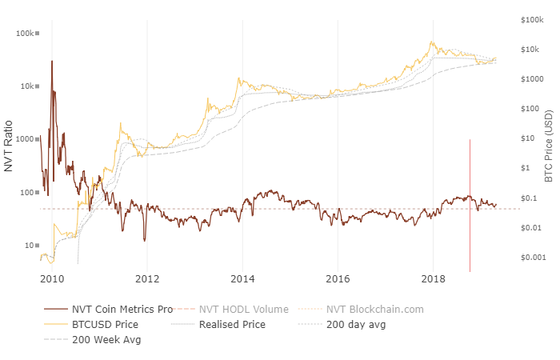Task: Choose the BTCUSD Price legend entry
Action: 105,325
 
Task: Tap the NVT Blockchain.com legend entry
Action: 368,309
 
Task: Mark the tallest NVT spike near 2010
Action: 52,61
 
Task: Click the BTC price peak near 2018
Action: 432,42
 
